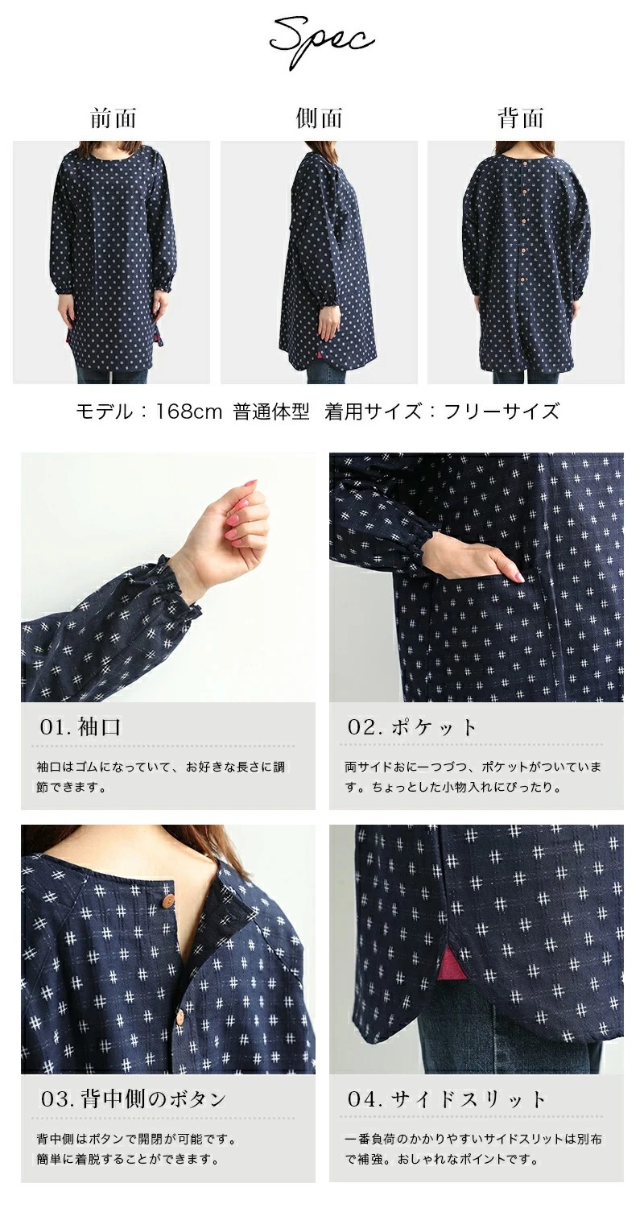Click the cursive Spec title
tap(322, 42)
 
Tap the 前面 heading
tap(114, 118)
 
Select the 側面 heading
tap(319, 118)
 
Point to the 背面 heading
tap(521, 118)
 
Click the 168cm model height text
tap(188, 412)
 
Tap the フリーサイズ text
tap(502, 412)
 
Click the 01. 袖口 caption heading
tap(80, 727)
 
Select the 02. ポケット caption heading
tap(412, 727)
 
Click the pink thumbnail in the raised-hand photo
tap(249, 484)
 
